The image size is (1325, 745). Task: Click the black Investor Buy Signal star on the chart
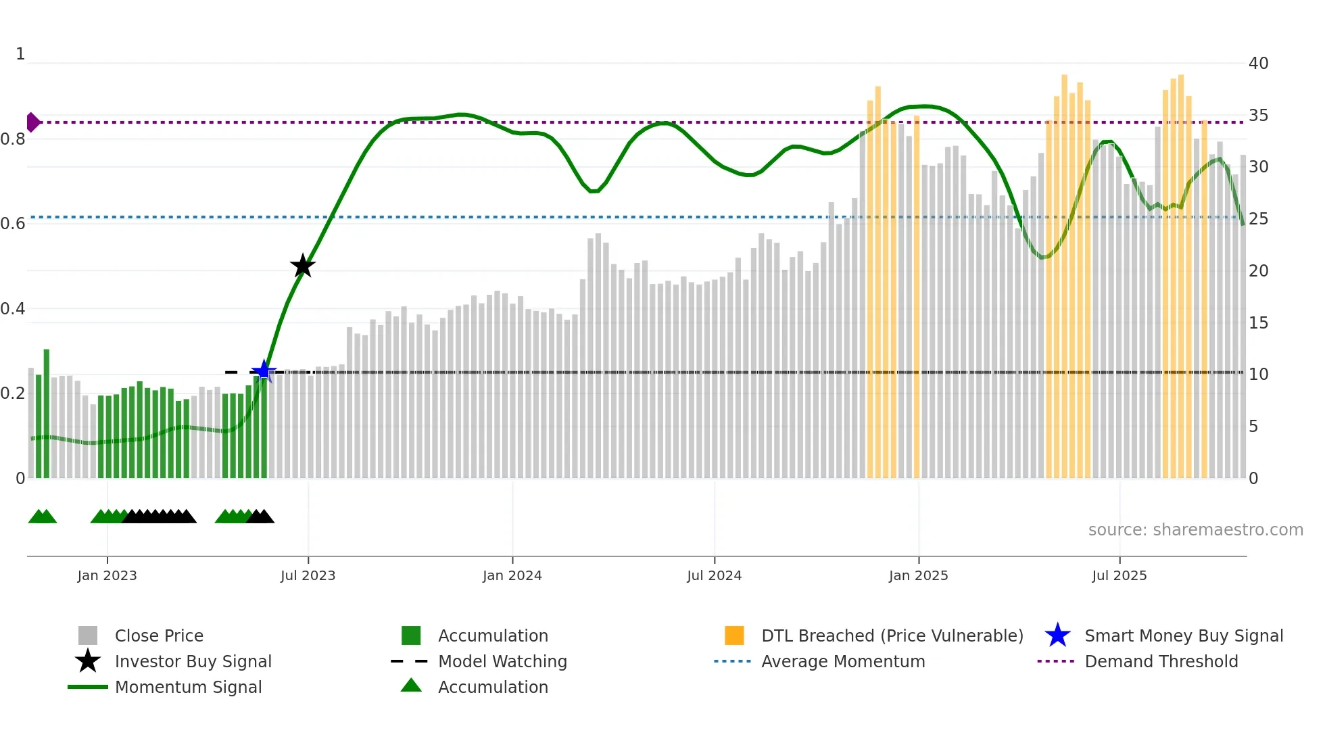pyautogui.click(x=303, y=266)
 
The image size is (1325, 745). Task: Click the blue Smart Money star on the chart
pyautogui.click(x=264, y=370)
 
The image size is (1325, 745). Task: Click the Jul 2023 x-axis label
pyautogui.click(x=308, y=575)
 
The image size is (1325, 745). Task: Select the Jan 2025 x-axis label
pyautogui.click(x=918, y=575)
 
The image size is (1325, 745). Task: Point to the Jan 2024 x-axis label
pyautogui.click(x=512, y=575)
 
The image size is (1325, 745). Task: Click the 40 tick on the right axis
pyautogui.click(x=1258, y=64)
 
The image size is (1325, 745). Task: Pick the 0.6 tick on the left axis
pyautogui.click(x=13, y=224)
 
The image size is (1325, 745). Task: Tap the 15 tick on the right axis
pyautogui.click(x=1258, y=323)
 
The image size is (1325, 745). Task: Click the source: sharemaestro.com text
pyautogui.click(x=1195, y=530)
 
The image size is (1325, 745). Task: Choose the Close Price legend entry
pyautogui.click(x=159, y=635)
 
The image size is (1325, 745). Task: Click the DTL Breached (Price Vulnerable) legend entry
pyautogui.click(x=892, y=635)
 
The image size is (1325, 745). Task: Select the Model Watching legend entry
pyautogui.click(x=502, y=661)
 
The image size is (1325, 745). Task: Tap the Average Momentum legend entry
pyautogui.click(x=843, y=661)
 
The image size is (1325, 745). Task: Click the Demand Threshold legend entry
pyautogui.click(x=1161, y=661)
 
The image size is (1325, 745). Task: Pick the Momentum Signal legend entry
pyautogui.click(x=188, y=687)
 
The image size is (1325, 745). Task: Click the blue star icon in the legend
pyautogui.click(x=1057, y=635)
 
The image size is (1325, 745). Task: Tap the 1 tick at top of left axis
pyautogui.click(x=20, y=54)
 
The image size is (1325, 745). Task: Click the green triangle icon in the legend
pyautogui.click(x=411, y=686)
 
